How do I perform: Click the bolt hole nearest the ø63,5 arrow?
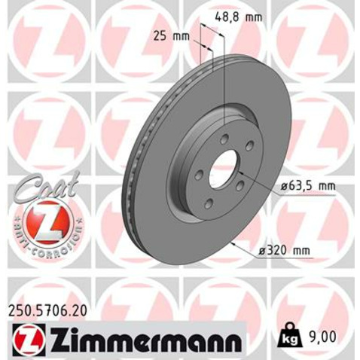point(239,188)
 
